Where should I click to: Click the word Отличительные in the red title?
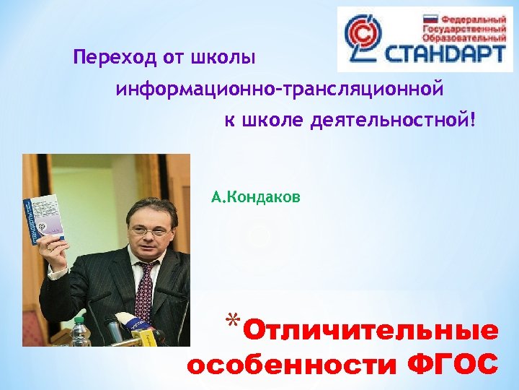click(x=371, y=331)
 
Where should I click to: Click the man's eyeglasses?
click(x=150, y=230)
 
